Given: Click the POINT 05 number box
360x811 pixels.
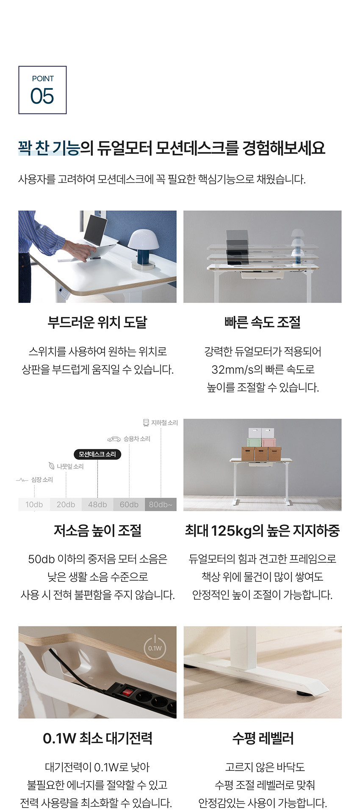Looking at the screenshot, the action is tap(42, 90).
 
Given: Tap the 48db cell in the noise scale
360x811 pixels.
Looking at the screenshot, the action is tap(97, 504).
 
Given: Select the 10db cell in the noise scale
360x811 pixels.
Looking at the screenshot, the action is tap(34, 504).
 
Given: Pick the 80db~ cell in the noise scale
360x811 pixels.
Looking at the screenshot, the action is tap(161, 504).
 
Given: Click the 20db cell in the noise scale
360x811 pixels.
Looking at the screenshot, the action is tap(66, 504).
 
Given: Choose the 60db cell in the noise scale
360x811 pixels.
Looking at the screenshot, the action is tap(129, 504).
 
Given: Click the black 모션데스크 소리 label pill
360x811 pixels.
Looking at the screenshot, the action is tap(97, 454).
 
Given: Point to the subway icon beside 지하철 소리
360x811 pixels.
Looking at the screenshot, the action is tap(146, 422).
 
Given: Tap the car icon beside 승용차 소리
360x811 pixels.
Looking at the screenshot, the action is tap(114, 439).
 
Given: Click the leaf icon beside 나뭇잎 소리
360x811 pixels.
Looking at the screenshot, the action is tap(52, 466).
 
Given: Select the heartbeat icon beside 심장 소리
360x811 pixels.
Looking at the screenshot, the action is tap(22, 480).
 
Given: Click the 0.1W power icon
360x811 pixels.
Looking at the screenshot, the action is tap(155, 647).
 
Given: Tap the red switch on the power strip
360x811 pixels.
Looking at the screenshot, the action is tap(127, 692).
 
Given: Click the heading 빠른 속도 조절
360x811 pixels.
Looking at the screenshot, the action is tap(263, 322).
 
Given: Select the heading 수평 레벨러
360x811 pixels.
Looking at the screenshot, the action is tap(263, 738).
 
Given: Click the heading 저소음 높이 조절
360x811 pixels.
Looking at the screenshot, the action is tap(97, 530).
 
